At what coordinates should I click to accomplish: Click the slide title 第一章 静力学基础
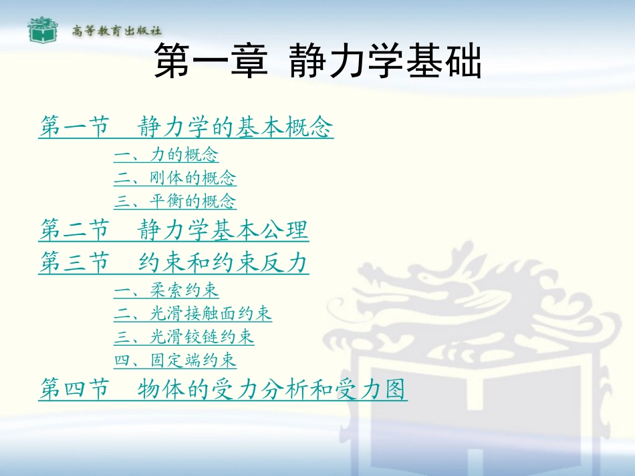pos(317,63)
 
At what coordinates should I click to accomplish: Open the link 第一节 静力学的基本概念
pos(186,126)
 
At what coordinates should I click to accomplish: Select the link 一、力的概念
pos(166,156)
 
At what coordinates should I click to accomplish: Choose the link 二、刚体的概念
pos(174,178)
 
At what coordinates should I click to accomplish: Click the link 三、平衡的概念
pos(174,201)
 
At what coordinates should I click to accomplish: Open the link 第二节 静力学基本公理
pos(174,231)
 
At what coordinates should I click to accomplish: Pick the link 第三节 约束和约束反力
pos(174,263)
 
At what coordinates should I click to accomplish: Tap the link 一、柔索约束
pos(166,290)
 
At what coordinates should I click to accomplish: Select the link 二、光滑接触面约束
pos(193,313)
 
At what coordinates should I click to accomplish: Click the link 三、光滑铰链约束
pos(184,336)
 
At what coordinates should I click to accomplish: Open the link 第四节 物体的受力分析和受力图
pos(223,389)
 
